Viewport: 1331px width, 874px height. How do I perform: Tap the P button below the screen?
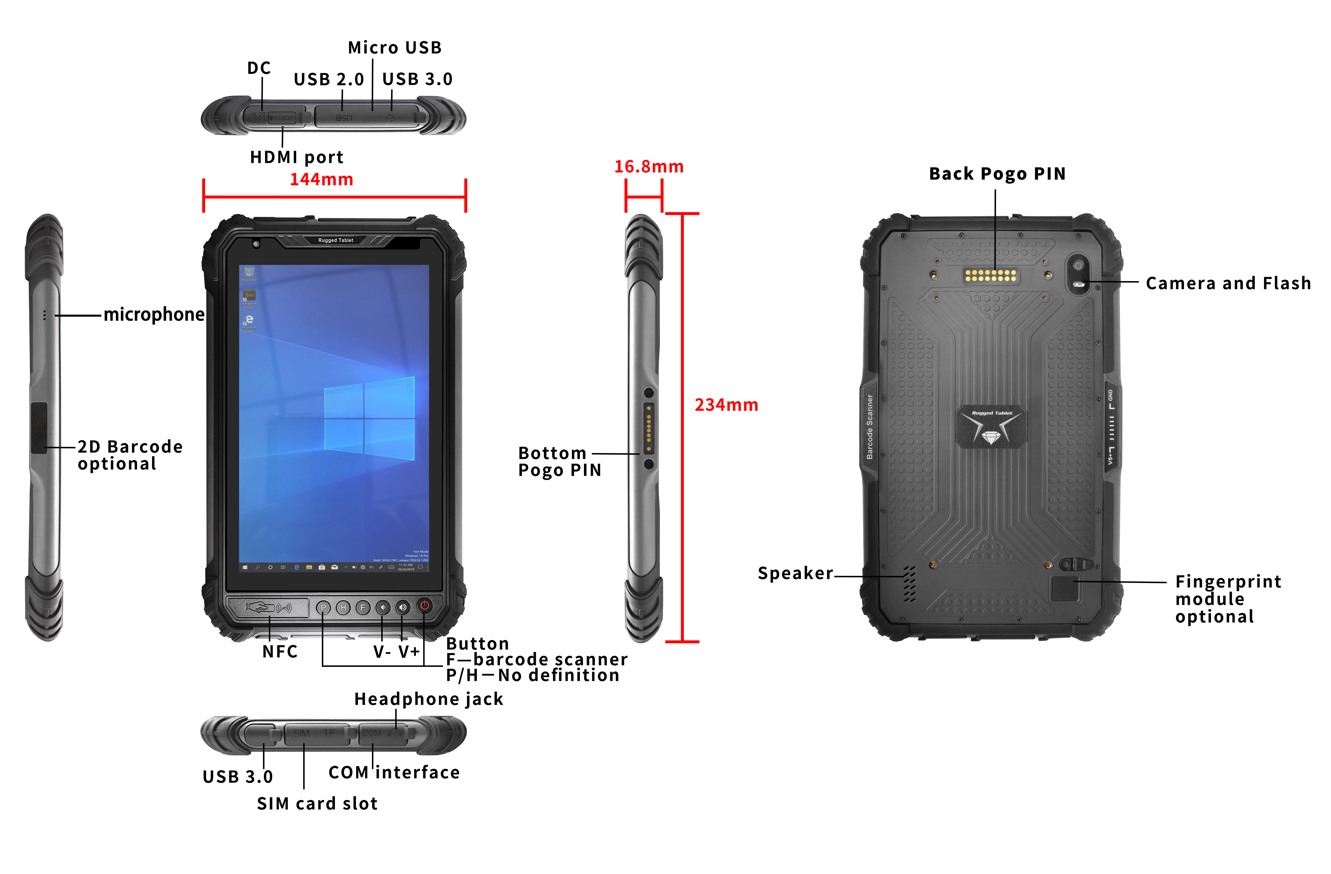pyautogui.click(x=323, y=608)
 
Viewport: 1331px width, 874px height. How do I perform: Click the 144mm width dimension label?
pyautogui.click(x=322, y=180)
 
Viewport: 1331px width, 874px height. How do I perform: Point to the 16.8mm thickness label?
pyautogui.click(x=649, y=167)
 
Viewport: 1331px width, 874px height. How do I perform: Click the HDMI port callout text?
pyautogui.click(x=296, y=157)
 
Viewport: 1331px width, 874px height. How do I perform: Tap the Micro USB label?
pyautogui.click(x=395, y=47)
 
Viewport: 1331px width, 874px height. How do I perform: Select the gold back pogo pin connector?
pyautogui.click(x=991, y=275)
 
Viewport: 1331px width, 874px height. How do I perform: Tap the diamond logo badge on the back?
pyautogui.click(x=991, y=427)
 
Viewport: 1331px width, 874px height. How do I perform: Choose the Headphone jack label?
pyautogui.click(x=429, y=699)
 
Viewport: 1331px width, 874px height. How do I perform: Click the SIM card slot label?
pyautogui.click(x=317, y=803)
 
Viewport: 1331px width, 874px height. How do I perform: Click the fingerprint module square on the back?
pyautogui.click(x=1064, y=588)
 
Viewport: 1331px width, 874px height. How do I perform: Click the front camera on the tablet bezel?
pyautogui.click(x=256, y=244)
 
